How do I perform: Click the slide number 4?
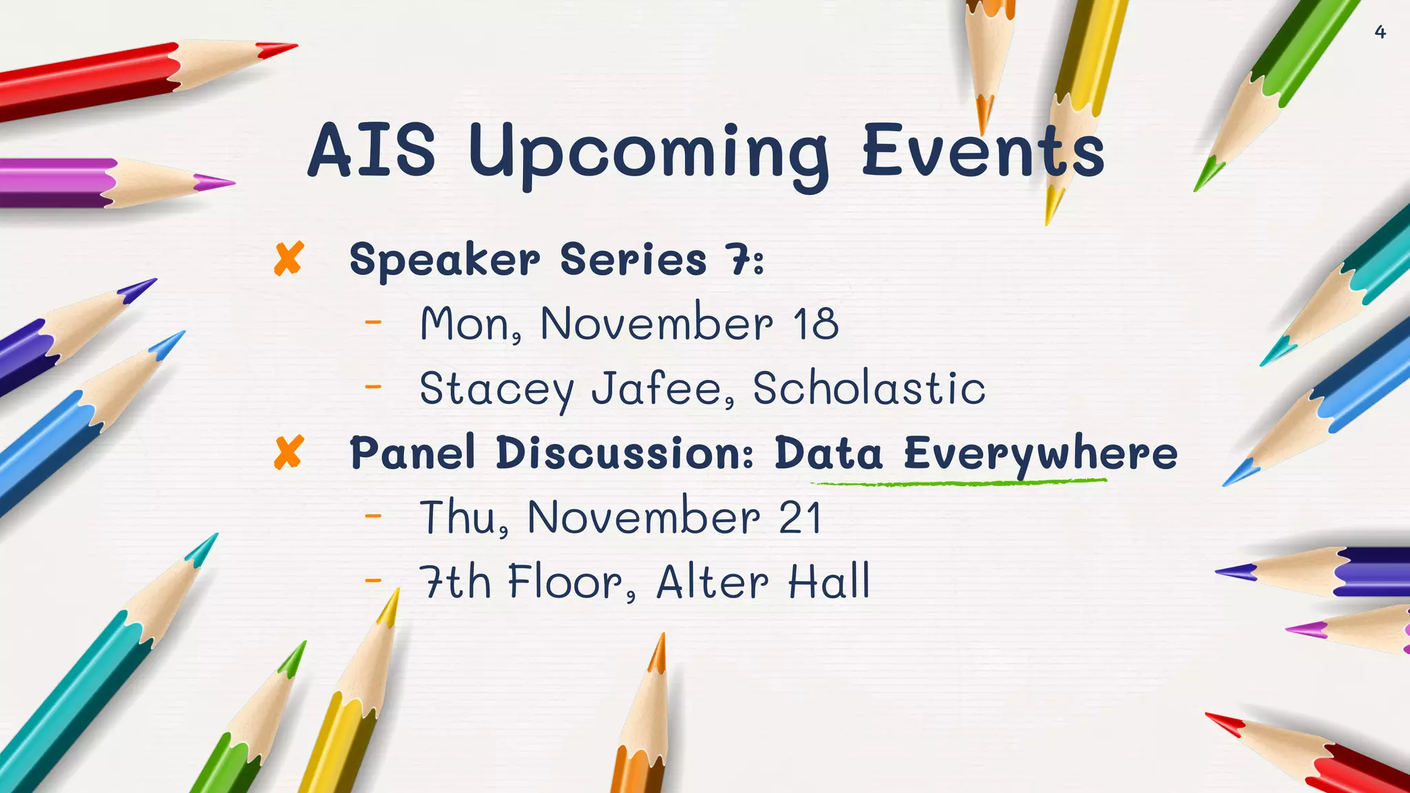(1380, 32)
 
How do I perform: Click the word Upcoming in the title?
(649, 153)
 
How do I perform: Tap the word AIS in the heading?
(371, 149)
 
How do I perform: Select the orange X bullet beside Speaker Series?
(288, 260)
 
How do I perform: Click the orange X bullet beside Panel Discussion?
(288, 453)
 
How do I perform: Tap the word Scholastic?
(869, 388)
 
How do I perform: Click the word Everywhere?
(1040, 454)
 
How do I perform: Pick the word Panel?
(412, 453)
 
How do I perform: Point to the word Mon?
(465, 324)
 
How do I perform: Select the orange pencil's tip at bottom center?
(662, 637)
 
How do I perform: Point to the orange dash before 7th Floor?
(372, 580)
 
